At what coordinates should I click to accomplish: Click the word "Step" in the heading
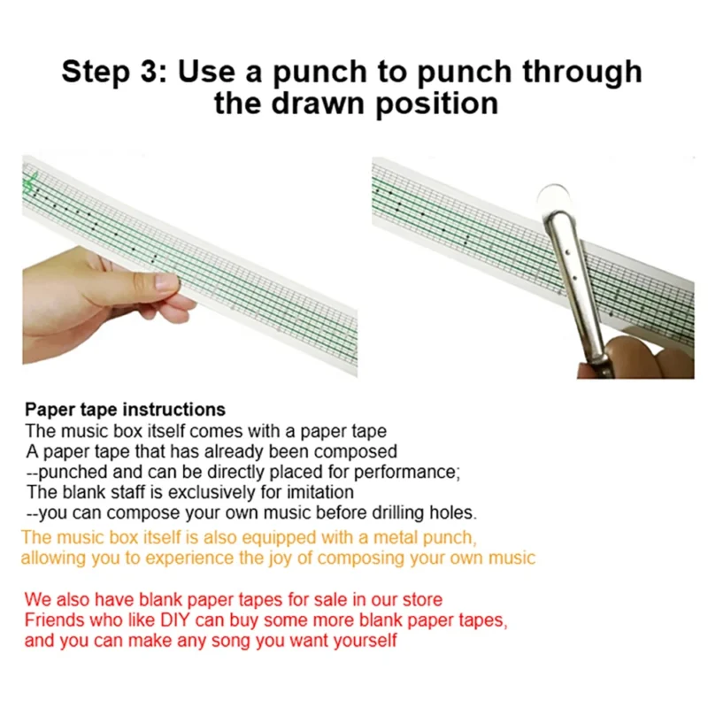pyautogui.click(x=96, y=73)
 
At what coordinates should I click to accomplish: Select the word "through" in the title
pyautogui.click(x=582, y=73)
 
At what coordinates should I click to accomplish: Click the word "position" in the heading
pyautogui.click(x=437, y=104)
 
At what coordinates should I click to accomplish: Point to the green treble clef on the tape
pyautogui.click(x=31, y=183)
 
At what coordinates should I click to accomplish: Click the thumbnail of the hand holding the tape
pyautogui.click(x=189, y=266)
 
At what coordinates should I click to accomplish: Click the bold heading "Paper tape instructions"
pyautogui.click(x=125, y=410)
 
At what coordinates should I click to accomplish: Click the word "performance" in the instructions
pyautogui.click(x=405, y=472)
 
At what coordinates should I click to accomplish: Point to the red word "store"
pyautogui.click(x=422, y=600)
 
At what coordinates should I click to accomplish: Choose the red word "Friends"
pyautogui.click(x=54, y=620)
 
